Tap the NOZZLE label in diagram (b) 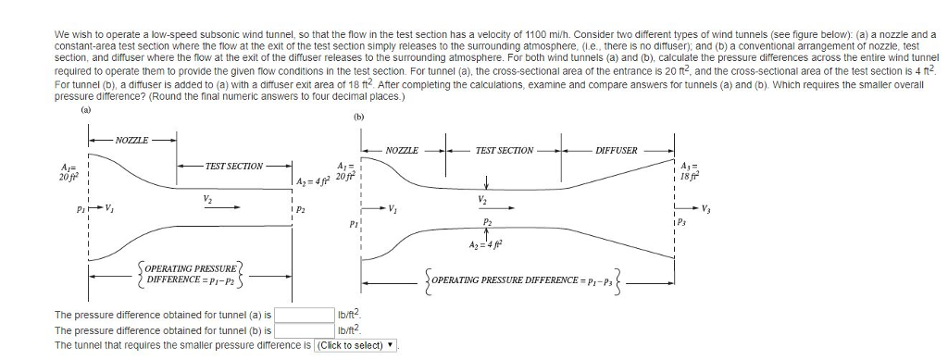pos(402,149)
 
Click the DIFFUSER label pos(616,149)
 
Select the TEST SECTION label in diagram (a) pos(234,166)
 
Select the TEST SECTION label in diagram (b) pos(504,149)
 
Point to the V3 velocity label pos(708,207)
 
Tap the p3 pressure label pos(686,223)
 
